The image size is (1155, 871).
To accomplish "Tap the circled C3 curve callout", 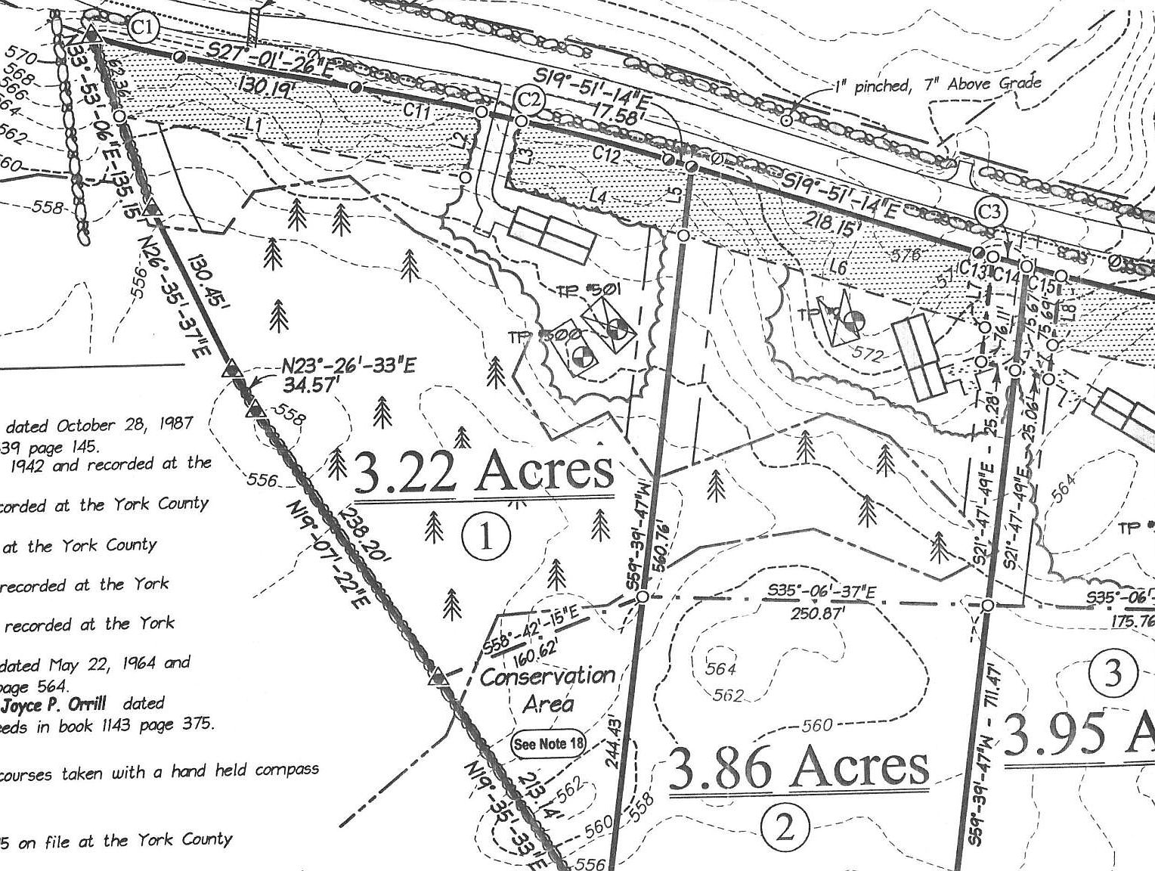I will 991,211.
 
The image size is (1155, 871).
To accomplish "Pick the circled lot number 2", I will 785,828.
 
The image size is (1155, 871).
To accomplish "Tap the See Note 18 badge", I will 549,743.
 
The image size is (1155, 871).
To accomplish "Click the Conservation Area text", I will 548,690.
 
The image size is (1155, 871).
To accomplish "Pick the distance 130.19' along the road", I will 264,86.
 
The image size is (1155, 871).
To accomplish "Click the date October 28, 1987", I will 125,424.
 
